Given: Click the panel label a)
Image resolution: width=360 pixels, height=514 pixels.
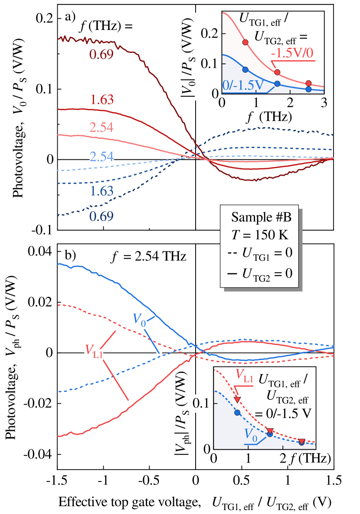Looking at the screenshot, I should coord(70,17).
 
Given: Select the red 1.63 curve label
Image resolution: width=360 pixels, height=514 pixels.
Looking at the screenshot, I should coord(102,100).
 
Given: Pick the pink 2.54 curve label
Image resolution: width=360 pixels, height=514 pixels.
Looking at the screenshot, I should coord(101,128).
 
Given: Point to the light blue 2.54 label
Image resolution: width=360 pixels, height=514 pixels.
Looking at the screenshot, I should coord(101,156).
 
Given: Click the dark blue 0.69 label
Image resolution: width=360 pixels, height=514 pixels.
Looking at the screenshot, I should coord(101,216).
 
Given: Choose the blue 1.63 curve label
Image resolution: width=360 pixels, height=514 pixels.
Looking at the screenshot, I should coord(101,191).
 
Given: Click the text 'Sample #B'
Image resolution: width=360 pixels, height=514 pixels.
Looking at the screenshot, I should coord(259,217).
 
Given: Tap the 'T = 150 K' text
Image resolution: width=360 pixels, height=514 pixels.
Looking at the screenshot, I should coord(259,236).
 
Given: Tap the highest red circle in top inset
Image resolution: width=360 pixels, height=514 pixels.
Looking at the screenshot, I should coord(245,42).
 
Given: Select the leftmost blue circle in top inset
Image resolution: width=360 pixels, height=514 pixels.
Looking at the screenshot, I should coord(245,70).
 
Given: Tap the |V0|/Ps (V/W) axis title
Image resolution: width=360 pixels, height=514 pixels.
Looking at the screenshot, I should coord(187,56).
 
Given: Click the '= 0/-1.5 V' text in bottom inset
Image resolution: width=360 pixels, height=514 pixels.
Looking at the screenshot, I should coord(282,413).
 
